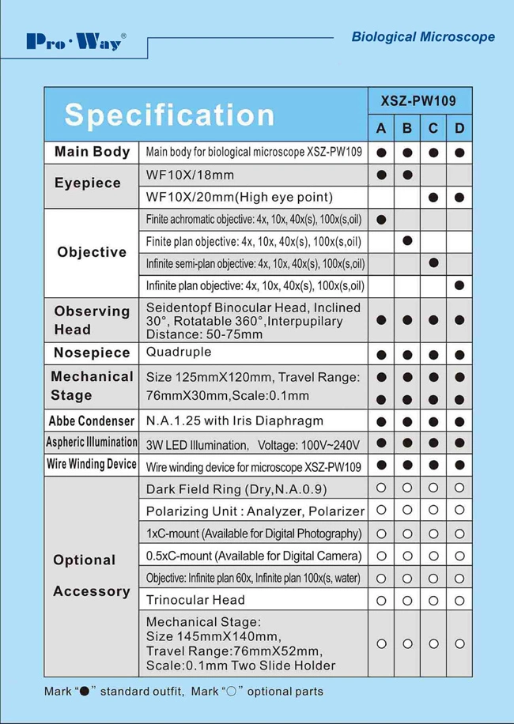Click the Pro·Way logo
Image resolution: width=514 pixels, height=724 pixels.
76,41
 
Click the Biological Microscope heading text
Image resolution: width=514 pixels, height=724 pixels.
422,37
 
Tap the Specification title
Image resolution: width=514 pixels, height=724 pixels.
169,115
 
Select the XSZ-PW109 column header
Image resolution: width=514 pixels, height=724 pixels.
419,100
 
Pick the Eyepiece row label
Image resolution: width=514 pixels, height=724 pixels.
88,183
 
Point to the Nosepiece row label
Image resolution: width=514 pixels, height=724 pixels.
91,353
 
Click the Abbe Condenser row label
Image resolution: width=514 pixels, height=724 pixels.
91,421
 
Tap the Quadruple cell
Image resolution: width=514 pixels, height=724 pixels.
179,352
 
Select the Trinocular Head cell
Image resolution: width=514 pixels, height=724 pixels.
195,600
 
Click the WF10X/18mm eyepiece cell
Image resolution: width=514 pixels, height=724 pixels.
190,174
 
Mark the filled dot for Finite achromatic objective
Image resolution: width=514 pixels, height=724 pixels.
381,219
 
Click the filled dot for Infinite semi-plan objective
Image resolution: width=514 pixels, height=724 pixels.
433,262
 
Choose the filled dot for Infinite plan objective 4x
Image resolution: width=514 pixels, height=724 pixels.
459,285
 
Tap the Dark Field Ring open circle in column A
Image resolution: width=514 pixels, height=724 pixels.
381,488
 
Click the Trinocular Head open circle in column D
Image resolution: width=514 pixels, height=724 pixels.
459,600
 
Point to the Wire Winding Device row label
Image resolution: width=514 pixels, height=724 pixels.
91,465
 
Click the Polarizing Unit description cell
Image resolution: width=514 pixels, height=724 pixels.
255,511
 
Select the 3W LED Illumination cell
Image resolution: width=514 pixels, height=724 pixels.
252,444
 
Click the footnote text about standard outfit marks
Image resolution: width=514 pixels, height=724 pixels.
183,692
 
